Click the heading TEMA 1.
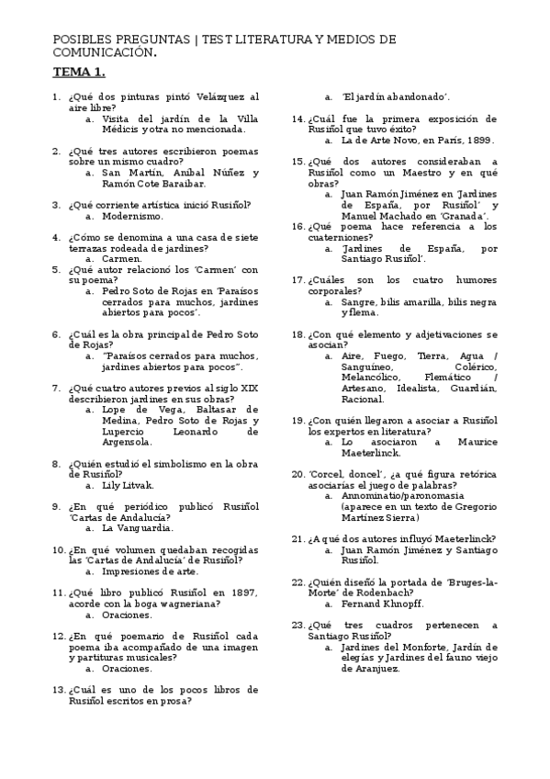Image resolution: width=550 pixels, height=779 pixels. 79,71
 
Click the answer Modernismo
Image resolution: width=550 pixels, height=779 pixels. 133,216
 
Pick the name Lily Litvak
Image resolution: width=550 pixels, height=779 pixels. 129,485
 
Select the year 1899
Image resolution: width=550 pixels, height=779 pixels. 477,141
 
